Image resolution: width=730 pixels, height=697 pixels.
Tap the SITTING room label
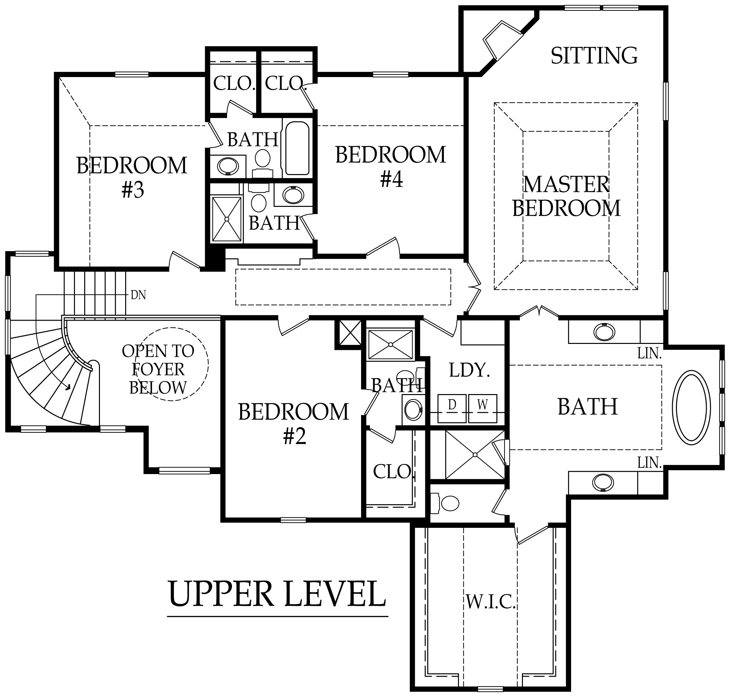pos(594,56)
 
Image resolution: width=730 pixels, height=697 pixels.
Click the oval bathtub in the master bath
pos(691,407)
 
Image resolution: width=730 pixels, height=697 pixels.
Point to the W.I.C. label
pos(490,602)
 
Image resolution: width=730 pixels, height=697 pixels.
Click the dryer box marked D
pos(451,408)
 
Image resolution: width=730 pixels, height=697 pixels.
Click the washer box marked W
pos(482,408)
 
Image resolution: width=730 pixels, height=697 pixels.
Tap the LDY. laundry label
pos(469,370)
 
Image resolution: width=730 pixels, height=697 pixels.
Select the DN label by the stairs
pos(138,295)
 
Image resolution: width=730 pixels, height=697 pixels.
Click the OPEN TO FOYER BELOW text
pos(158,369)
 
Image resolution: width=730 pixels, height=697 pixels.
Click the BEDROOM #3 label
pos(132,177)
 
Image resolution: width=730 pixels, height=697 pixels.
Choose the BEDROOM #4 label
pos(391,167)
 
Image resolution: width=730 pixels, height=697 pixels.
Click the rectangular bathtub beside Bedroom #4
pos(297,148)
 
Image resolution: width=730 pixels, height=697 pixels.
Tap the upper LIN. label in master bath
pos(649,353)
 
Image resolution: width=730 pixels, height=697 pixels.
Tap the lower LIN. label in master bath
pos(649,463)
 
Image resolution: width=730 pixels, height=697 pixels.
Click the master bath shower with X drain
pos(474,454)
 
